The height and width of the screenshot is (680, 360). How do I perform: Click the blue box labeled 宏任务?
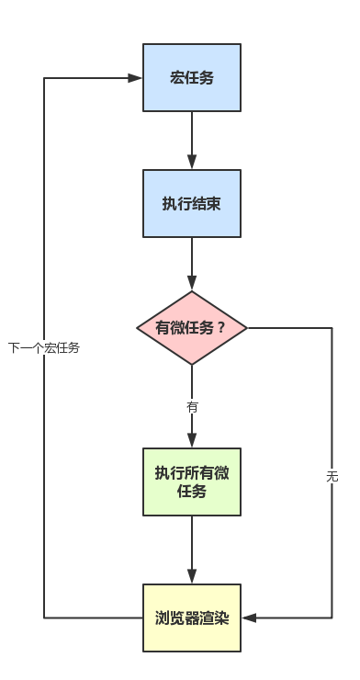192,78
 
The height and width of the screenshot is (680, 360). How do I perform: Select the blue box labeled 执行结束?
192,204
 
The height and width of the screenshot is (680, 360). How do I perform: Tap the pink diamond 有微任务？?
192,328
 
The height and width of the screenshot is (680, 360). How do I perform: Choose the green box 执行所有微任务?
192,482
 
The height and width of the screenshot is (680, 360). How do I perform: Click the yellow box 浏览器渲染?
192,618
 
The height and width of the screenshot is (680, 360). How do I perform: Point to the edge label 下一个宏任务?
44,347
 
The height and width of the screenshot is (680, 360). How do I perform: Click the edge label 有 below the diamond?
192,405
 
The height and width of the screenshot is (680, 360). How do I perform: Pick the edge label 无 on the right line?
332,476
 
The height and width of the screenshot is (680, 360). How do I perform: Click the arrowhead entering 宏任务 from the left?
136,78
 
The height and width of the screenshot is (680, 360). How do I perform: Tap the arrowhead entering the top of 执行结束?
192,164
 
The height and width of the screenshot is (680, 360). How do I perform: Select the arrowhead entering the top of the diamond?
192,285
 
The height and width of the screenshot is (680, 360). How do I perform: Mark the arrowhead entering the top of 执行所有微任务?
192,442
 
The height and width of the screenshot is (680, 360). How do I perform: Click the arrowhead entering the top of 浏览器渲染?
192,577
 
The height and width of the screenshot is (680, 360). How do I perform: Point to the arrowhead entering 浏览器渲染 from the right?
248,618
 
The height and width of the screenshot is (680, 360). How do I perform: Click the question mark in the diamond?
221,328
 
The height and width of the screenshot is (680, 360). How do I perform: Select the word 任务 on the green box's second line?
192,492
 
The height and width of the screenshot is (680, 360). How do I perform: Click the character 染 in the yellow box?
220,618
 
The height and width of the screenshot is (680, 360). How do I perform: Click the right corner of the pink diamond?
246,328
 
